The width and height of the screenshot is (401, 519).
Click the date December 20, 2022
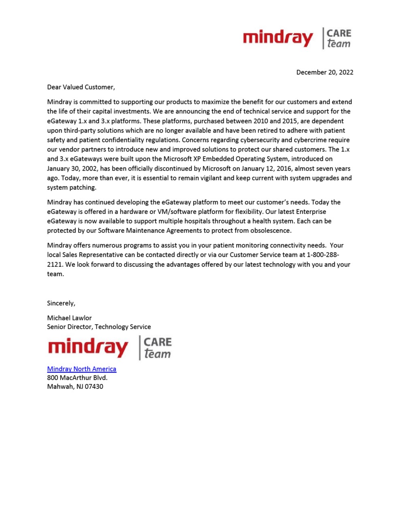click(x=324, y=72)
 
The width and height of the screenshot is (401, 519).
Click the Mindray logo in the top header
click(x=278, y=38)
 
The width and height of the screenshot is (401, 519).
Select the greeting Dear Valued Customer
click(x=81, y=87)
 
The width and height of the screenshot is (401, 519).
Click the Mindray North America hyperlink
click(x=81, y=369)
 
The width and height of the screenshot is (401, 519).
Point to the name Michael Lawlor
click(x=69, y=318)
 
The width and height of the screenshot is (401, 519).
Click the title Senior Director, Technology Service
click(x=99, y=327)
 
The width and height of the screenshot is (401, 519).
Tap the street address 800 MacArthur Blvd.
click(x=77, y=378)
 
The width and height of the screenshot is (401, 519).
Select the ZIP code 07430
click(x=94, y=387)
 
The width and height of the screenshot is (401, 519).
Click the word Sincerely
click(x=61, y=303)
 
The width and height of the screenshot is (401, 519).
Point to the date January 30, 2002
click(x=71, y=169)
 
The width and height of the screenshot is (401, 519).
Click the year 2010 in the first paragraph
click(x=260, y=121)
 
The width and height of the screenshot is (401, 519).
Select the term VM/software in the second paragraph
click(x=175, y=212)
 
